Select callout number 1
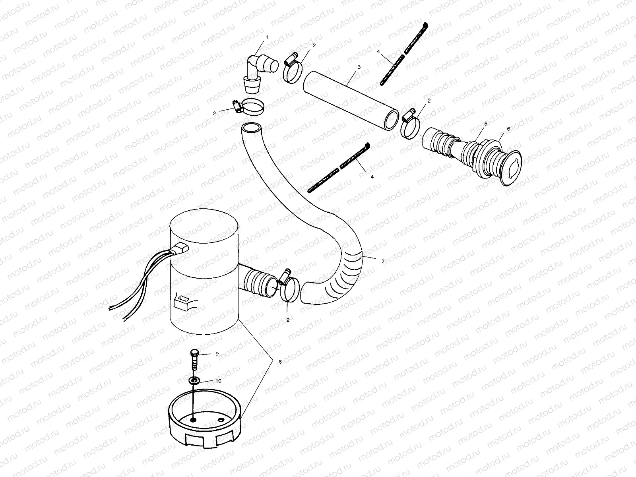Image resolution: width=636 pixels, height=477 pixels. point(267,37)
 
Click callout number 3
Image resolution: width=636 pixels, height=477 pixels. point(359,67)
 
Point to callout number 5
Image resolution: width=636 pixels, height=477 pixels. point(485,124)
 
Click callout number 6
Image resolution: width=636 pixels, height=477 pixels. point(508,129)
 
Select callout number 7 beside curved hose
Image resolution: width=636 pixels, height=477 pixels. point(383,261)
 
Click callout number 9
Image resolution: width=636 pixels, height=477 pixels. point(217,353)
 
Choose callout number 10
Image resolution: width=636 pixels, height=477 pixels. point(218,381)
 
